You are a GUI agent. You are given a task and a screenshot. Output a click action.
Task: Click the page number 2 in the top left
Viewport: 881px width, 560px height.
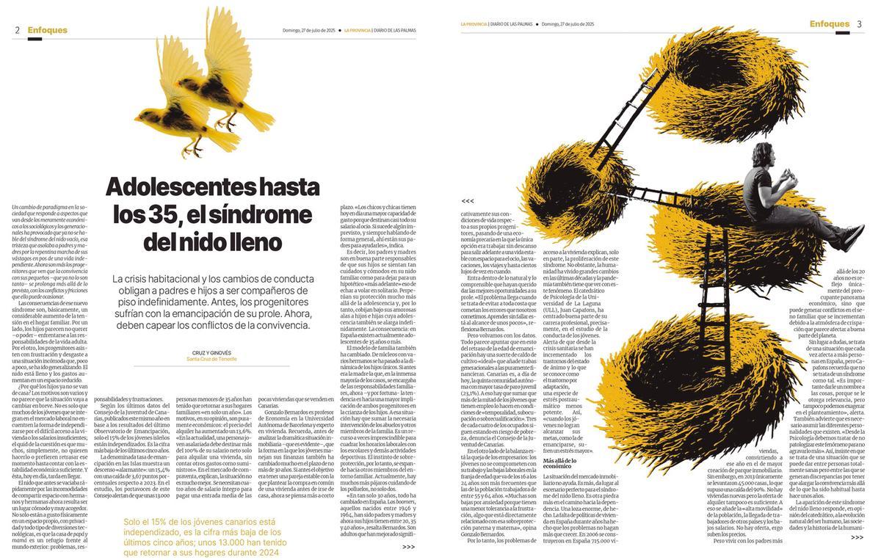17,30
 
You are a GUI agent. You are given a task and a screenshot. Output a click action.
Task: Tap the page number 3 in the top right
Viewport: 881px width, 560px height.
859,24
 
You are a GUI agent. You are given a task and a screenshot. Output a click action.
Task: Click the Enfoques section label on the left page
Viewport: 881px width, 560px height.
47,30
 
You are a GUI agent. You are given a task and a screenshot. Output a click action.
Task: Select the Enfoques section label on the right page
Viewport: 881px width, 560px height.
830,24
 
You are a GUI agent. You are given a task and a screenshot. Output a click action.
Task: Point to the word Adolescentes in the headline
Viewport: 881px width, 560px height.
187,186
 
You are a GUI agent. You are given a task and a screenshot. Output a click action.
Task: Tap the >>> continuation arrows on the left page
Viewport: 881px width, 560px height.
409,546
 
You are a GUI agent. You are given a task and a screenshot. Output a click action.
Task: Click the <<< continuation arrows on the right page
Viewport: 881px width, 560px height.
468,200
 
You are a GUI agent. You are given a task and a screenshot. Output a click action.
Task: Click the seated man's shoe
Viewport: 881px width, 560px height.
852,237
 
